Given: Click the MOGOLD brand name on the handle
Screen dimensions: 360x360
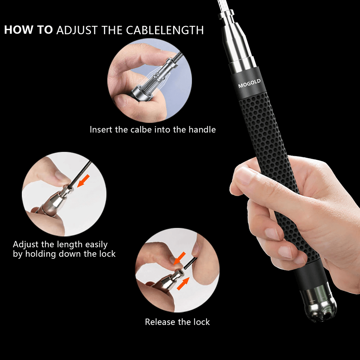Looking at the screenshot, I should coord(249,84).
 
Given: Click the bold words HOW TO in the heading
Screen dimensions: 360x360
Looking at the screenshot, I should coord(28,30).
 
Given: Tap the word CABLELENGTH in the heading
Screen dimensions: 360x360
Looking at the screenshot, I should coord(165,30).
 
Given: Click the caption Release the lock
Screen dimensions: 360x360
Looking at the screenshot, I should coord(177,322).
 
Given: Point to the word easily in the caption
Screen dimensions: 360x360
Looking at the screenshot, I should coord(96,244).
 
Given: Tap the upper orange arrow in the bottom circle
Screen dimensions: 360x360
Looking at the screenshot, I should coord(179,258).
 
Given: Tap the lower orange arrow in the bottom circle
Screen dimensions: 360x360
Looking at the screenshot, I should coord(183,283).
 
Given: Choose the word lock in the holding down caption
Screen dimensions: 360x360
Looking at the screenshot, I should coord(107,254).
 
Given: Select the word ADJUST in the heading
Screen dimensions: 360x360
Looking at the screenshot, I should coord(76,30).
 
